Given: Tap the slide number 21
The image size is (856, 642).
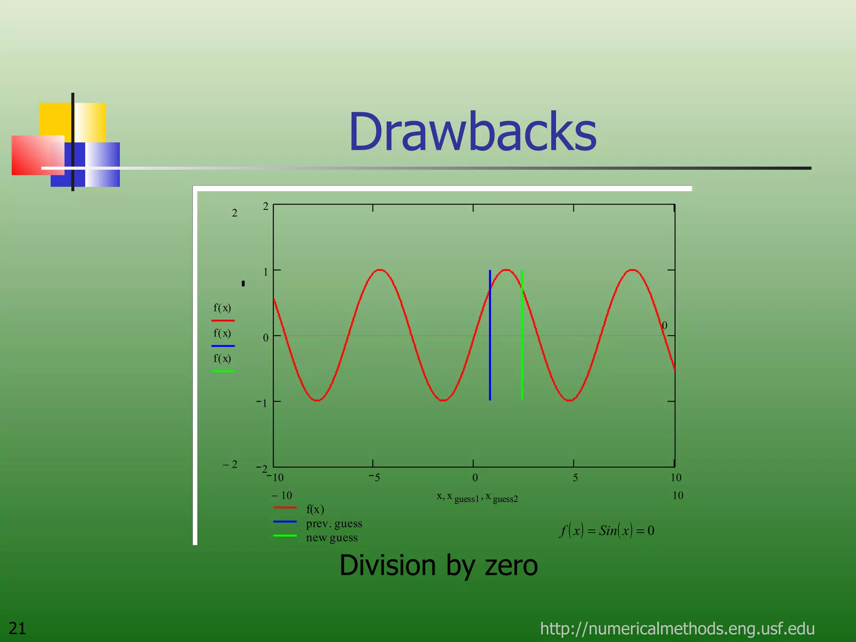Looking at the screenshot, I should click(x=18, y=628).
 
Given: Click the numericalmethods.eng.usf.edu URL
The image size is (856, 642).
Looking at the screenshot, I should click(x=677, y=628).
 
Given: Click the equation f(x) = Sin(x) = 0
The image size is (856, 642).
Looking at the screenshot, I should click(x=607, y=530).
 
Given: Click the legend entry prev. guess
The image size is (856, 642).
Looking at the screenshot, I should click(x=334, y=523).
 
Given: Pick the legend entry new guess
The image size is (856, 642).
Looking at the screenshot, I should click(x=331, y=538).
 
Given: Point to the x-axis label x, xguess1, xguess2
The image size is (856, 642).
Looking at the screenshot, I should click(x=477, y=497).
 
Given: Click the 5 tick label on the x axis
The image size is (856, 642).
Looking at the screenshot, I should click(x=575, y=478).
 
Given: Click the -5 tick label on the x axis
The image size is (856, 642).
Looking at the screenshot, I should click(x=374, y=478).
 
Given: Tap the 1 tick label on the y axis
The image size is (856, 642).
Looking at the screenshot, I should click(x=265, y=272).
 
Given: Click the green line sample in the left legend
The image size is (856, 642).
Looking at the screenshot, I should click(x=223, y=371).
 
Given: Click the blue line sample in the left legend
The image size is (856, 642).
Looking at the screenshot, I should click(x=223, y=346).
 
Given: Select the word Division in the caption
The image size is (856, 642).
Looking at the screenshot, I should click(x=387, y=566).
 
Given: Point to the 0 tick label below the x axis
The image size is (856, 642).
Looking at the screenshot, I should click(x=475, y=478).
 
